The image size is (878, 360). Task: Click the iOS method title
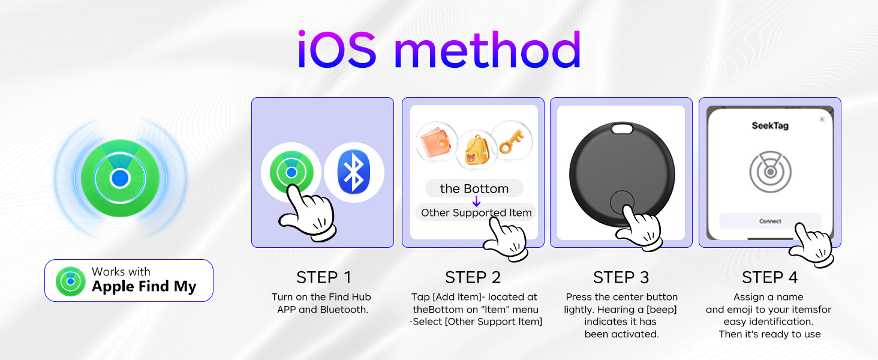click(x=439, y=49)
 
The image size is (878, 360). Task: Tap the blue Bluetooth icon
click(x=354, y=172)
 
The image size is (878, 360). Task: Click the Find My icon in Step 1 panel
click(x=291, y=172)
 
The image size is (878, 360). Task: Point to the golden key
click(x=512, y=141)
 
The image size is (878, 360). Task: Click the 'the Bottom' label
click(x=474, y=188)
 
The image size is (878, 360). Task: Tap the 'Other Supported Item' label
click(x=476, y=212)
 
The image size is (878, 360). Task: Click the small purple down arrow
click(x=476, y=201)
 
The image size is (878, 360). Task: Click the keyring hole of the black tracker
click(x=622, y=128)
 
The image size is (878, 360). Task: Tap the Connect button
click(x=770, y=221)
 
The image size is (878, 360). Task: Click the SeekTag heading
click(x=770, y=126)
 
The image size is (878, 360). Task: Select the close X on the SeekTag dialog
click(x=822, y=119)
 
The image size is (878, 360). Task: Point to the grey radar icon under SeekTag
click(x=770, y=172)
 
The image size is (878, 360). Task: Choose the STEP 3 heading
click(x=621, y=278)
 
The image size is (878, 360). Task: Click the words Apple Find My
click(x=144, y=287)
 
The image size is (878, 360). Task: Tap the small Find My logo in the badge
click(x=71, y=281)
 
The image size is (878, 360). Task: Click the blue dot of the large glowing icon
click(x=120, y=178)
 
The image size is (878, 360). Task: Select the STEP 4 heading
click(x=770, y=278)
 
